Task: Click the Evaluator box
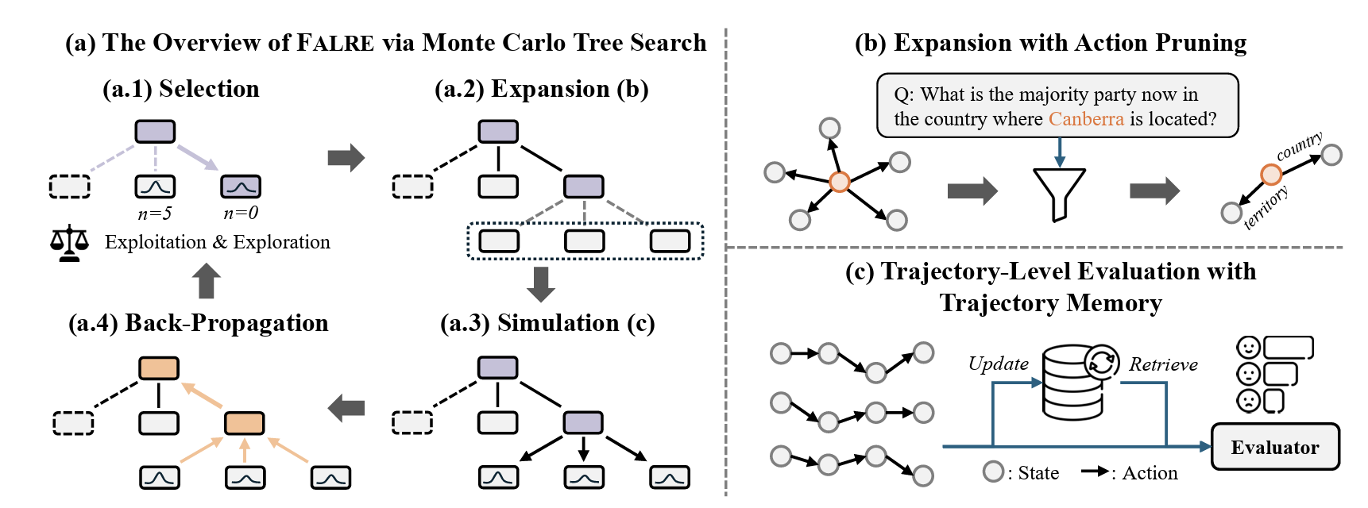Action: (1274, 447)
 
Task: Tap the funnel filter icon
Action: (1059, 193)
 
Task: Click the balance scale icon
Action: (70, 243)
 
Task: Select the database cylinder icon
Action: (1072, 383)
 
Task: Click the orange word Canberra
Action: (1085, 119)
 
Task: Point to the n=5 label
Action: (154, 214)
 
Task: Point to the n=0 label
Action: (241, 214)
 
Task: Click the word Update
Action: (998, 364)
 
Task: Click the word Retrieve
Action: (1163, 365)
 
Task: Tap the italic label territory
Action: (1266, 208)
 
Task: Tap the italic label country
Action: (1299, 146)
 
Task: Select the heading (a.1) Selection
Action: (181, 89)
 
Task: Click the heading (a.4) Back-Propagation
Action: (199, 323)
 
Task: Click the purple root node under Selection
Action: (155, 132)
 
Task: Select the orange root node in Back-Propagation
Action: (159, 368)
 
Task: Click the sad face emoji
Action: (1248, 401)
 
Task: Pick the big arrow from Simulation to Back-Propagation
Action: (346, 409)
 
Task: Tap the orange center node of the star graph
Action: (839, 182)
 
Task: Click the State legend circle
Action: (993, 471)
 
